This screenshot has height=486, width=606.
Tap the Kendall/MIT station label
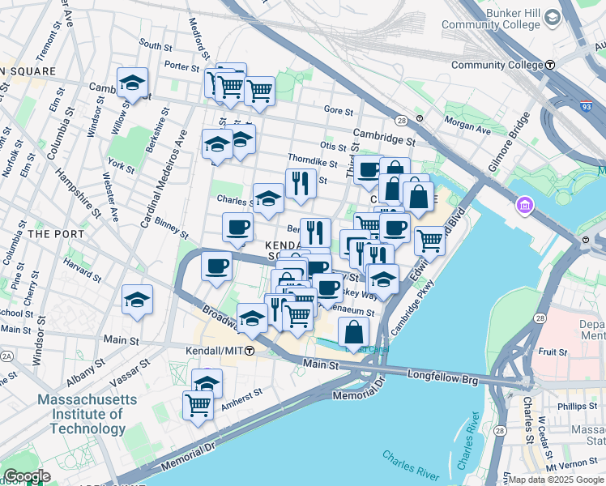click(219, 351)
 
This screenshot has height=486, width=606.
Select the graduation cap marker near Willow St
click(132, 83)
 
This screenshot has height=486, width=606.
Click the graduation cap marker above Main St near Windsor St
click(138, 300)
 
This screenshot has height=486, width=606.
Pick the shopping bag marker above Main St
click(353, 332)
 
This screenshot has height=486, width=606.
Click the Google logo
click(26, 476)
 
